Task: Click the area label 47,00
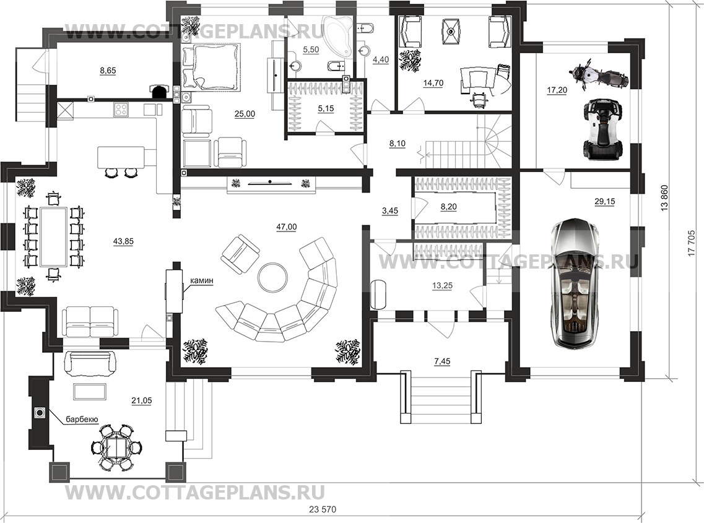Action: click(x=286, y=227)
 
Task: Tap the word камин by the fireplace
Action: click(x=201, y=281)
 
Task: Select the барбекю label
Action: click(x=82, y=419)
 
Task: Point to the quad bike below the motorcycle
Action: click(x=602, y=129)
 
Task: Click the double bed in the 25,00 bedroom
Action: click(x=211, y=66)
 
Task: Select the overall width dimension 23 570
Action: click(x=323, y=509)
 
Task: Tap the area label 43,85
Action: click(x=123, y=241)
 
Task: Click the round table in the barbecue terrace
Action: click(x=118, y=447)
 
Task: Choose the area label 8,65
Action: click(x=108, y=71)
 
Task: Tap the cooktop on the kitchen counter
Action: click(x=121, y=109)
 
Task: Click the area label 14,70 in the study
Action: click(x=433, y=82)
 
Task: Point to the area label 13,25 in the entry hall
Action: click(x=442, y=285)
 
